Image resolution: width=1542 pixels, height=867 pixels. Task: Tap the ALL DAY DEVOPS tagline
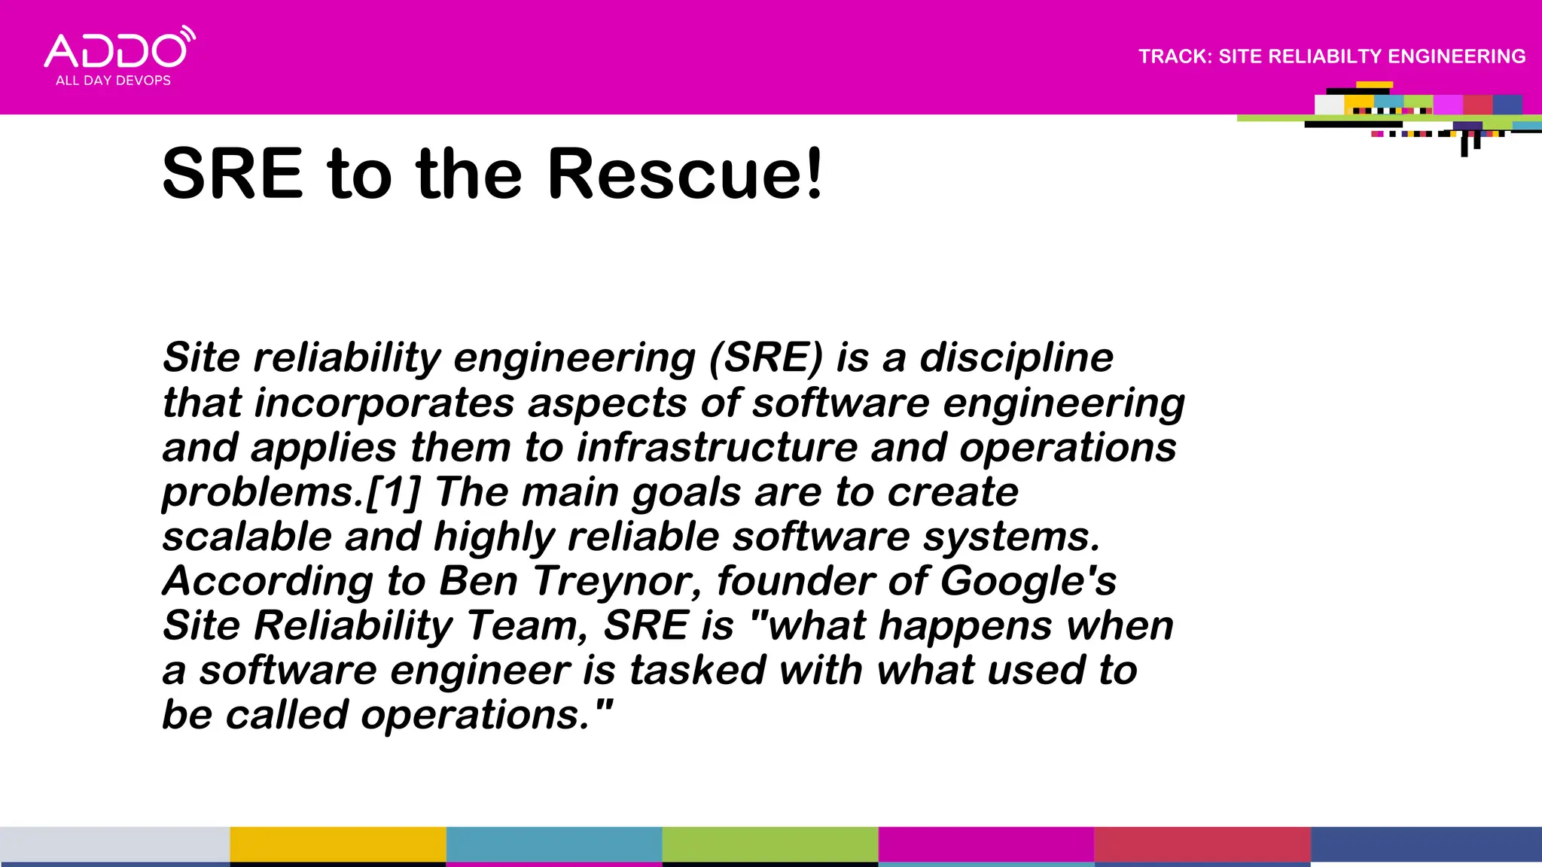[113, 81]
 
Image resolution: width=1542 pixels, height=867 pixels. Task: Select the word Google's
[1028, 581]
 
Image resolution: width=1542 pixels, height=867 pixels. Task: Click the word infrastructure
[716, 448]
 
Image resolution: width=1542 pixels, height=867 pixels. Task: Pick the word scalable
[247, 537]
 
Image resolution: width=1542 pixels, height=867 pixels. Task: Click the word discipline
[1016, 357]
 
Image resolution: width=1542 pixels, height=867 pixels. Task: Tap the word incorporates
[384, 403]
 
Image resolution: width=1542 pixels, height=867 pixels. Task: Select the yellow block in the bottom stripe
[337, 844]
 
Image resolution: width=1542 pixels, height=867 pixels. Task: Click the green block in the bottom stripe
[769, 844]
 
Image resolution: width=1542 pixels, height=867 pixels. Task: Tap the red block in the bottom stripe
[1202, 844]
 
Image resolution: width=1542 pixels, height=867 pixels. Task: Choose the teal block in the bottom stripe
[553, 844]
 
